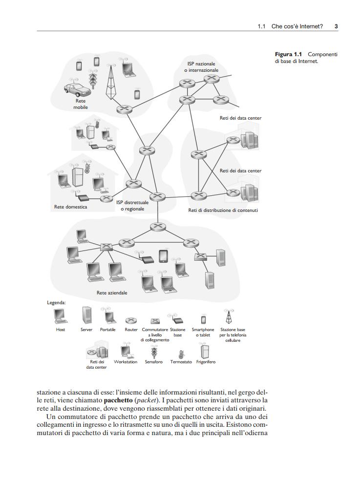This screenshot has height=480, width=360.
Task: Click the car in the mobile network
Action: (x=78, y=89)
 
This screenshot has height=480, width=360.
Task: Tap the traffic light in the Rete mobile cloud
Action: (x=92, y=75)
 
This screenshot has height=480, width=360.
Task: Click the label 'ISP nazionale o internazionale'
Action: (x=201, y=67)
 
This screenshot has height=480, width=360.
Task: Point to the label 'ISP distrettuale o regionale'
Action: (x=132, y=206)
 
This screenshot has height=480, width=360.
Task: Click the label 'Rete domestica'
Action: (x=70, y=207)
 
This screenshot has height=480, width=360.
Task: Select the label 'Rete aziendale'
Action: (x=112, y=293)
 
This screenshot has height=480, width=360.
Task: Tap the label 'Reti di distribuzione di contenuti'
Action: (x=223, y=210)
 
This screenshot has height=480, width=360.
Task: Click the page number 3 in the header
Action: (x=336, y=26)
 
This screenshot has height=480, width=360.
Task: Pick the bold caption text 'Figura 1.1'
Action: (x=289, y=54)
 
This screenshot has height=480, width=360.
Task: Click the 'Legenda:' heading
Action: (x=56, y=303)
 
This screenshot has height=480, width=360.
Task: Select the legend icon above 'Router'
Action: (x=131, y=321)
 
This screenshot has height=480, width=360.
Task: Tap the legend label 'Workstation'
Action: (x=126, y=362)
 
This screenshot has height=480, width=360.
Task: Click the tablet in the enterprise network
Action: (x=164, y=256)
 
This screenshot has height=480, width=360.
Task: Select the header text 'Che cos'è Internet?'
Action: (x=297, y=26)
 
